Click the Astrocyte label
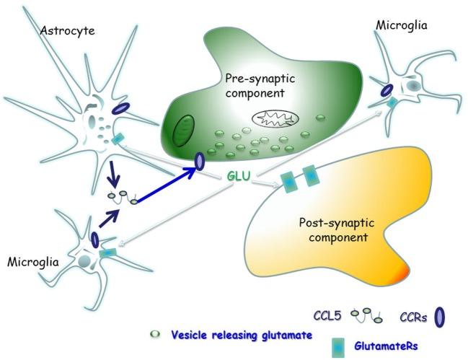click(68, 30)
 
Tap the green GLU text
click(239, 176)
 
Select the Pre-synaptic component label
click(260, 86)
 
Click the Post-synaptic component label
click(337, 230)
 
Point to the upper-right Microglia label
click(402, 25)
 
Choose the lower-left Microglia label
click(33, 262)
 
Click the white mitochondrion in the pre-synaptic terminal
click(275, 118)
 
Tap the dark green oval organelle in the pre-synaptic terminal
click(184, 130)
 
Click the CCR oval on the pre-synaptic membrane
click(199, 162)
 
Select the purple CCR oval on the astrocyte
click(120, 108)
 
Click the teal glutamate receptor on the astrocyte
click(118, 139)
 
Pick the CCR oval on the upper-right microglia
click(387, 90)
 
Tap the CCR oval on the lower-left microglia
click(95, 239)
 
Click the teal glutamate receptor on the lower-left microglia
click(108, 253)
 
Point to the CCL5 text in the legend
click(327, 315)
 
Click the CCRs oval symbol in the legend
click(439, 317)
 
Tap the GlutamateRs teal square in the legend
click(338, 348)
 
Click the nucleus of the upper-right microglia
click(415, 86)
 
